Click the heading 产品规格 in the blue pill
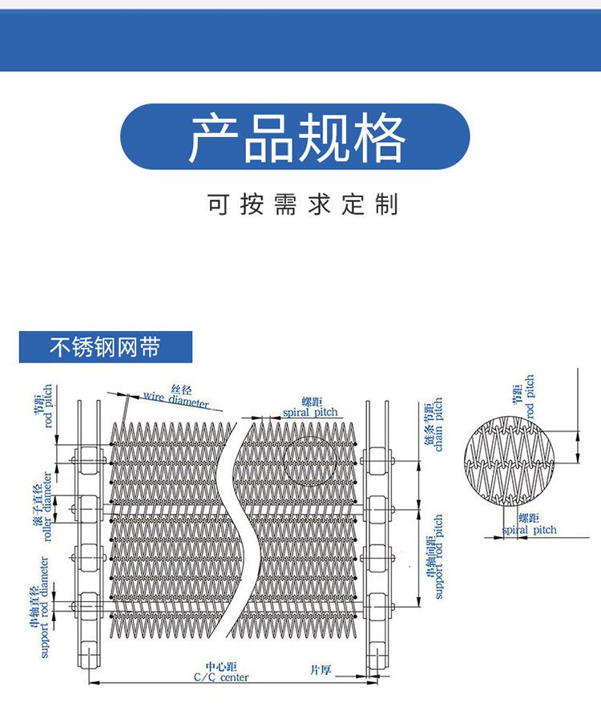(x=295, y=137)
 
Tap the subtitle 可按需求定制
(x=301, y=205)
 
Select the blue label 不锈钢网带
(x=105, y=347)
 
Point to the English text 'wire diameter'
(x=176, y=399)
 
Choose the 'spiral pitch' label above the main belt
(x=311, y=412)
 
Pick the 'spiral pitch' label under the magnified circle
(x=530, y=530)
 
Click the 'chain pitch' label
(x=438, y=425)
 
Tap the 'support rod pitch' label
(x=438, y=557)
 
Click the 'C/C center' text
(x=221, y=677)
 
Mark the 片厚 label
(x=321, y=669)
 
